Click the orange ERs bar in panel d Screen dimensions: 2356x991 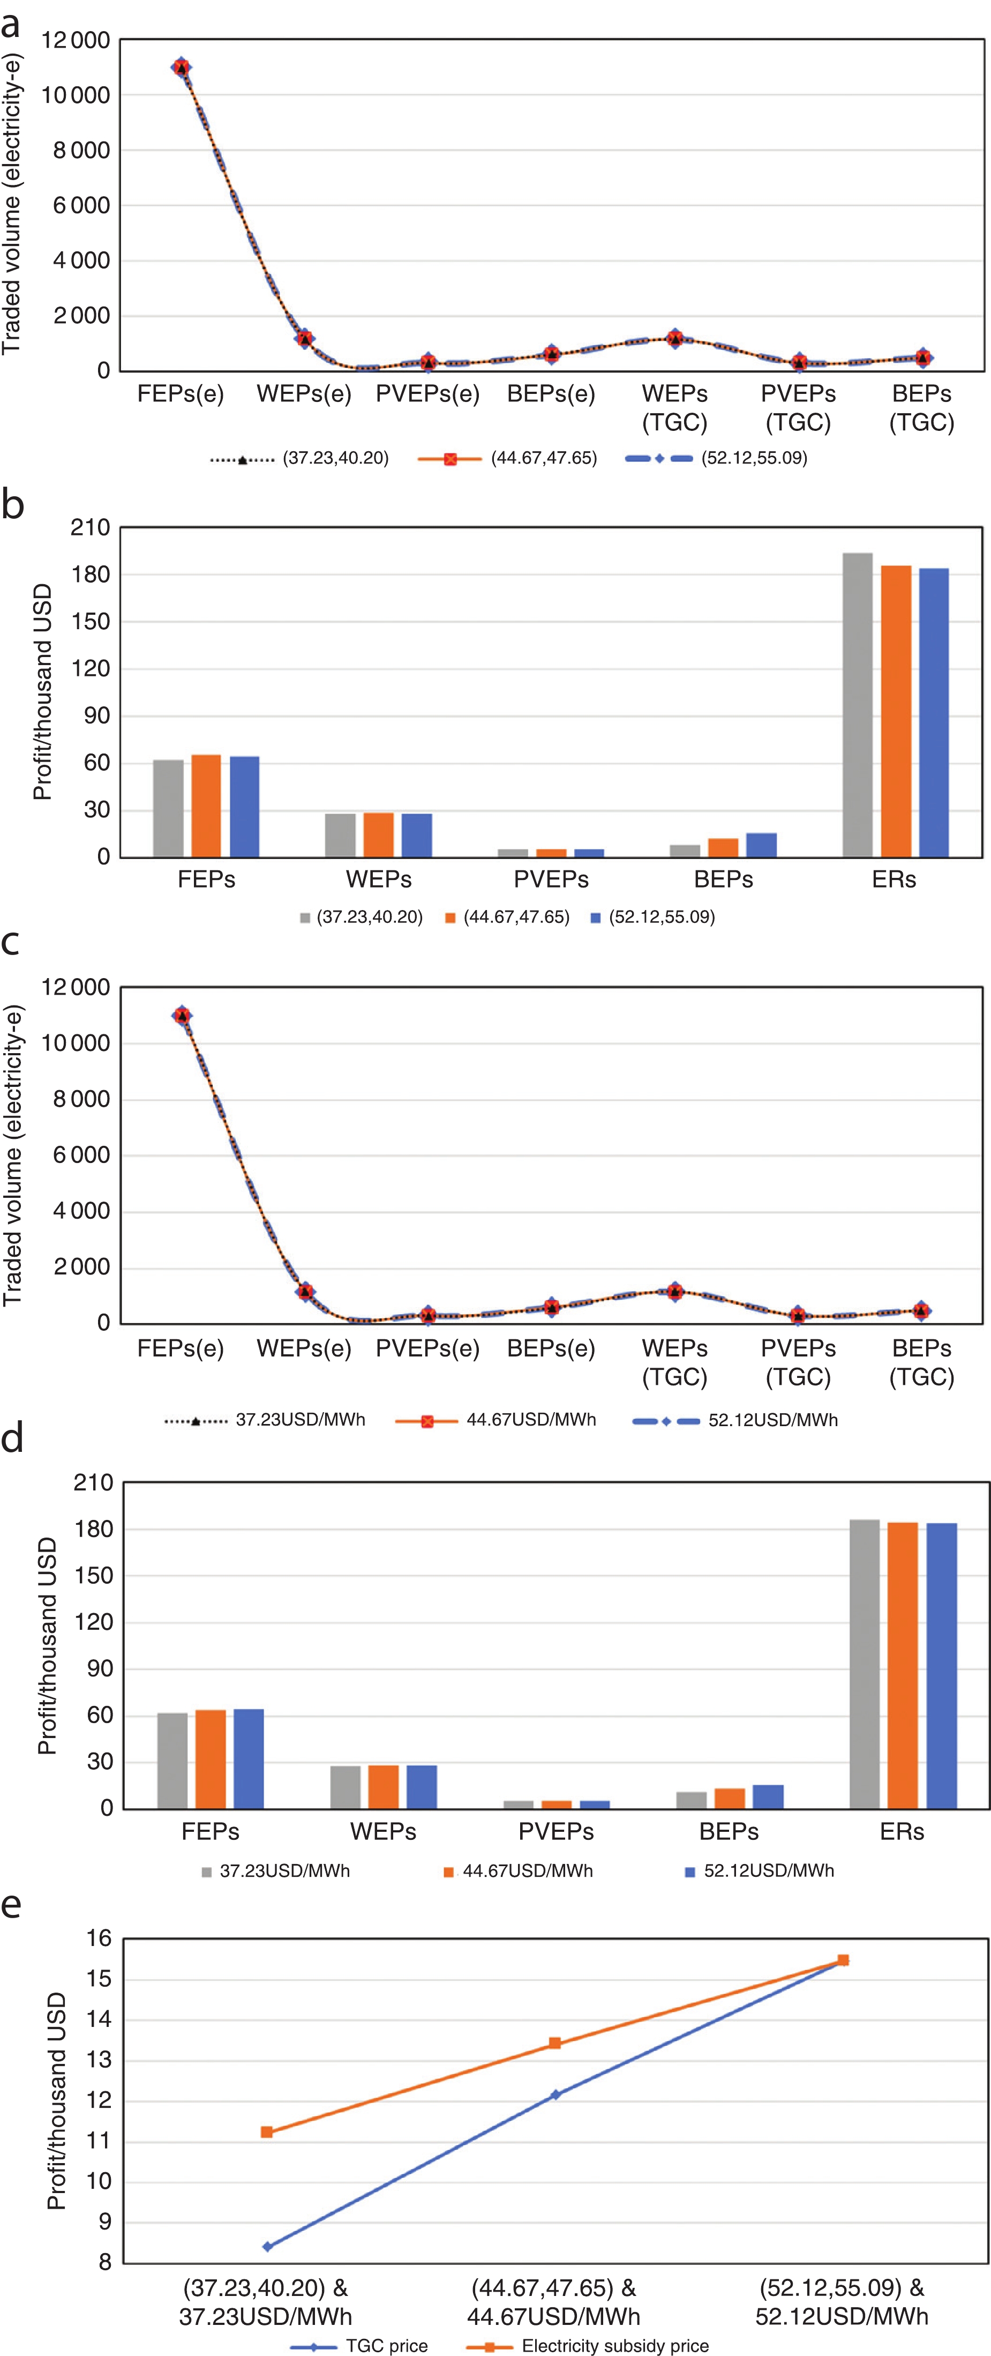(x=902, y=1665)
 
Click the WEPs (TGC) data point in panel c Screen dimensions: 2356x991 (x=675, y=1291)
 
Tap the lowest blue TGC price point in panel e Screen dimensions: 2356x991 (x=267, y=2246)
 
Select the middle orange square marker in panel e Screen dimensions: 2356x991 (x=554, y=2043)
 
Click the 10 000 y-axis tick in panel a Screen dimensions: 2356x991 (x=75, y=95)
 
